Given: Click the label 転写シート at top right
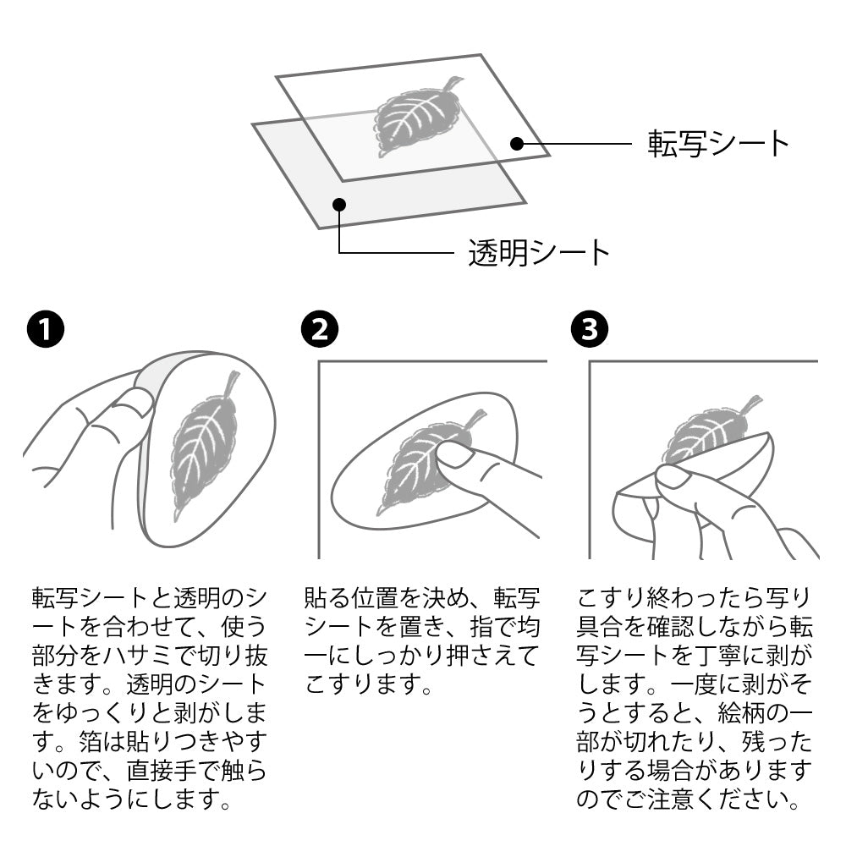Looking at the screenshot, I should click(x=718, y=143).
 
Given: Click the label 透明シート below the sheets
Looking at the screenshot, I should click(x=539, y=252).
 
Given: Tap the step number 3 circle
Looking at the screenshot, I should click(x=589, y=331).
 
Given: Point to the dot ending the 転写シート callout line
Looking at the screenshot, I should click(x=517, y=144).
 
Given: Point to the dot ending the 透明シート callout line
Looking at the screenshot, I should click(x=339, y=203).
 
